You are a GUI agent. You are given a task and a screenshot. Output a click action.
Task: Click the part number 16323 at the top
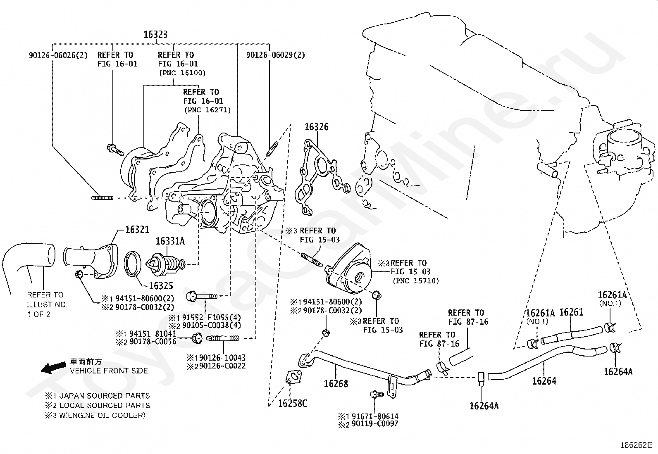155,35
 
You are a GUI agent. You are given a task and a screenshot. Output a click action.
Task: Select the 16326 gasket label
317,127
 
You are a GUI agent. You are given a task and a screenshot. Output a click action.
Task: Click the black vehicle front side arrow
54,366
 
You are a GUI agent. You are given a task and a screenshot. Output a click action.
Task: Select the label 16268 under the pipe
336,384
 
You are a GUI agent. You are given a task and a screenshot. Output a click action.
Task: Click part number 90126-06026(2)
58,55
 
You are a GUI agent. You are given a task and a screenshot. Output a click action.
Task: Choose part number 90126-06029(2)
276,55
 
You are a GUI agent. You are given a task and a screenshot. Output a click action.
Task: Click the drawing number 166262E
636,445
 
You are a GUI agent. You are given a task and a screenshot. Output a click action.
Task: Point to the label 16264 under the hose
544,381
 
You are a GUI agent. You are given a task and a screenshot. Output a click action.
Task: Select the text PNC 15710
416,281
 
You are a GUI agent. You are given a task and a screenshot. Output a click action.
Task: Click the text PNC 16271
207,110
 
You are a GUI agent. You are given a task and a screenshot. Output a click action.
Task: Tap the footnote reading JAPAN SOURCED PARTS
102,396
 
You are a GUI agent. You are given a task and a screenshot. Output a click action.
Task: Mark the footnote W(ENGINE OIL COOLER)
101,416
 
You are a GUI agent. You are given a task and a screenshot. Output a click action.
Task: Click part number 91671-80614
373,416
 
